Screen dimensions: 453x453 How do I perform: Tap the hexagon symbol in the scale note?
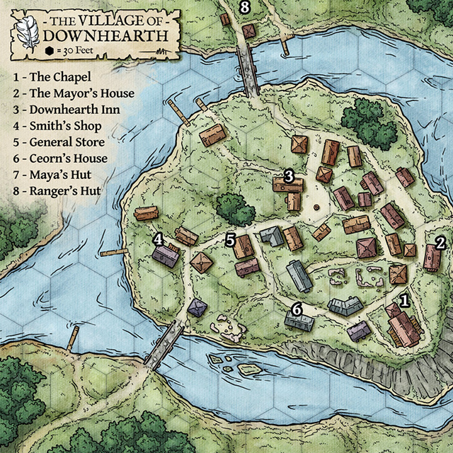click(x=50, y=51)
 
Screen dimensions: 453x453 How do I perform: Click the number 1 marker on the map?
click(x=405, y=300)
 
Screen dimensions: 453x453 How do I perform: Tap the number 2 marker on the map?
click(x=440, y=243)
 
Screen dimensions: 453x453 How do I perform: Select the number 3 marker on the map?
click(x=289, y=175)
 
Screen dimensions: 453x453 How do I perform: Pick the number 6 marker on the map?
click(x=297, y=309)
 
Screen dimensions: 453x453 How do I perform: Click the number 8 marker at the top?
click(x=245, y=8)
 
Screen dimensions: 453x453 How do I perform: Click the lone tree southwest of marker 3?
click(x=234, y=209)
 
